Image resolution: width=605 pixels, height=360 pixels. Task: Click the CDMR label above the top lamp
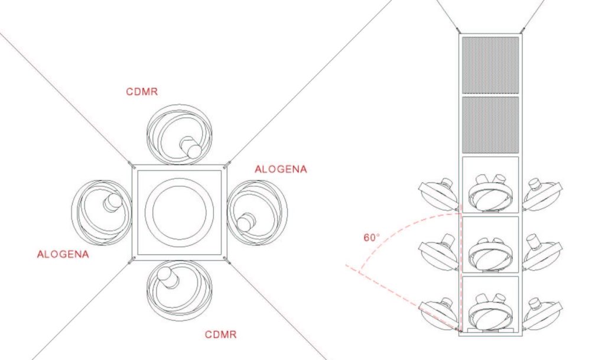142,92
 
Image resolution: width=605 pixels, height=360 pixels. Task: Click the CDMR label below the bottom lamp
220,334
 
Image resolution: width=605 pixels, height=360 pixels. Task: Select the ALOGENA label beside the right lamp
281,169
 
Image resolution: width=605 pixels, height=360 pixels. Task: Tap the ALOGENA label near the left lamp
63,254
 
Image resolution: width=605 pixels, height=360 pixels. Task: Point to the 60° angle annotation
372,238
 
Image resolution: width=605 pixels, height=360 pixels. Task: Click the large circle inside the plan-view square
180,212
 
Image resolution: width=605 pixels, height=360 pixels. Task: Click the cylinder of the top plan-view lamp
191,147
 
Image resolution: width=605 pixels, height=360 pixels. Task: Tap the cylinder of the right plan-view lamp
246,222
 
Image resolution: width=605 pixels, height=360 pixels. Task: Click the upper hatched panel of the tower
490,65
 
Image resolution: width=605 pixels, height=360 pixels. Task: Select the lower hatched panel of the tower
490,124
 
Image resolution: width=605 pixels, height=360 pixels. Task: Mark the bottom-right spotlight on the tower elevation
542,313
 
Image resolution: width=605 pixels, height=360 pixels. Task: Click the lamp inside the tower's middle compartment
490,255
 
